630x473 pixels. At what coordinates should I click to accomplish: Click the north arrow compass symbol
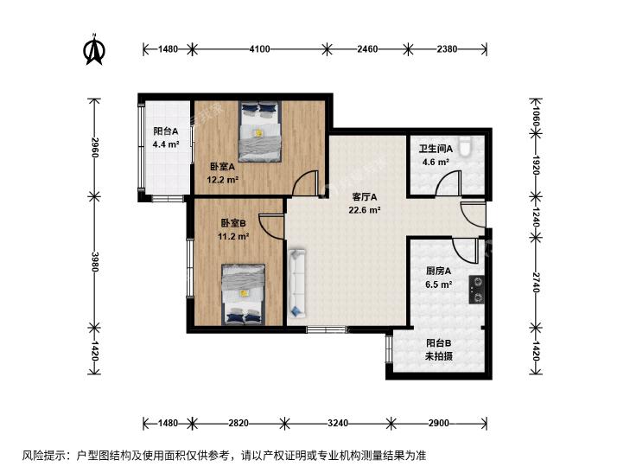95,49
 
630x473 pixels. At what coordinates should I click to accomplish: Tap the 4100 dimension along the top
259,49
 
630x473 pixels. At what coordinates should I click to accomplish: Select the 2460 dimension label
367,49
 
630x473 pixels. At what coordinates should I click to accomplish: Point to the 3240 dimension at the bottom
338,423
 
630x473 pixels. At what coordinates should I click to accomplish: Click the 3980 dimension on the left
95,262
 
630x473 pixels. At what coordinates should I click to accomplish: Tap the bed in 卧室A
259,131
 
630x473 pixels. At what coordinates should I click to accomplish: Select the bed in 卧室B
244,294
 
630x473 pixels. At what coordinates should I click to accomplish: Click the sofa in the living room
296,284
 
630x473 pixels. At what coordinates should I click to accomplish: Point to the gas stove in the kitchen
476,290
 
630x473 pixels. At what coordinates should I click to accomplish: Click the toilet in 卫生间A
466,146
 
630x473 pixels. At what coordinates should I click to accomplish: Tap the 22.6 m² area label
365,209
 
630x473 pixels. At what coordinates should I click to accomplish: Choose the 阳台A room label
166,131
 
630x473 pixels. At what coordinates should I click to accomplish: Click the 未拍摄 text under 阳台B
439,355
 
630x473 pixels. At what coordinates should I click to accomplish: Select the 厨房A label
438,272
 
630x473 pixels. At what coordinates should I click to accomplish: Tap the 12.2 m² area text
223,179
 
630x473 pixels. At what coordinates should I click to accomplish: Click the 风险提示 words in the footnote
40,456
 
